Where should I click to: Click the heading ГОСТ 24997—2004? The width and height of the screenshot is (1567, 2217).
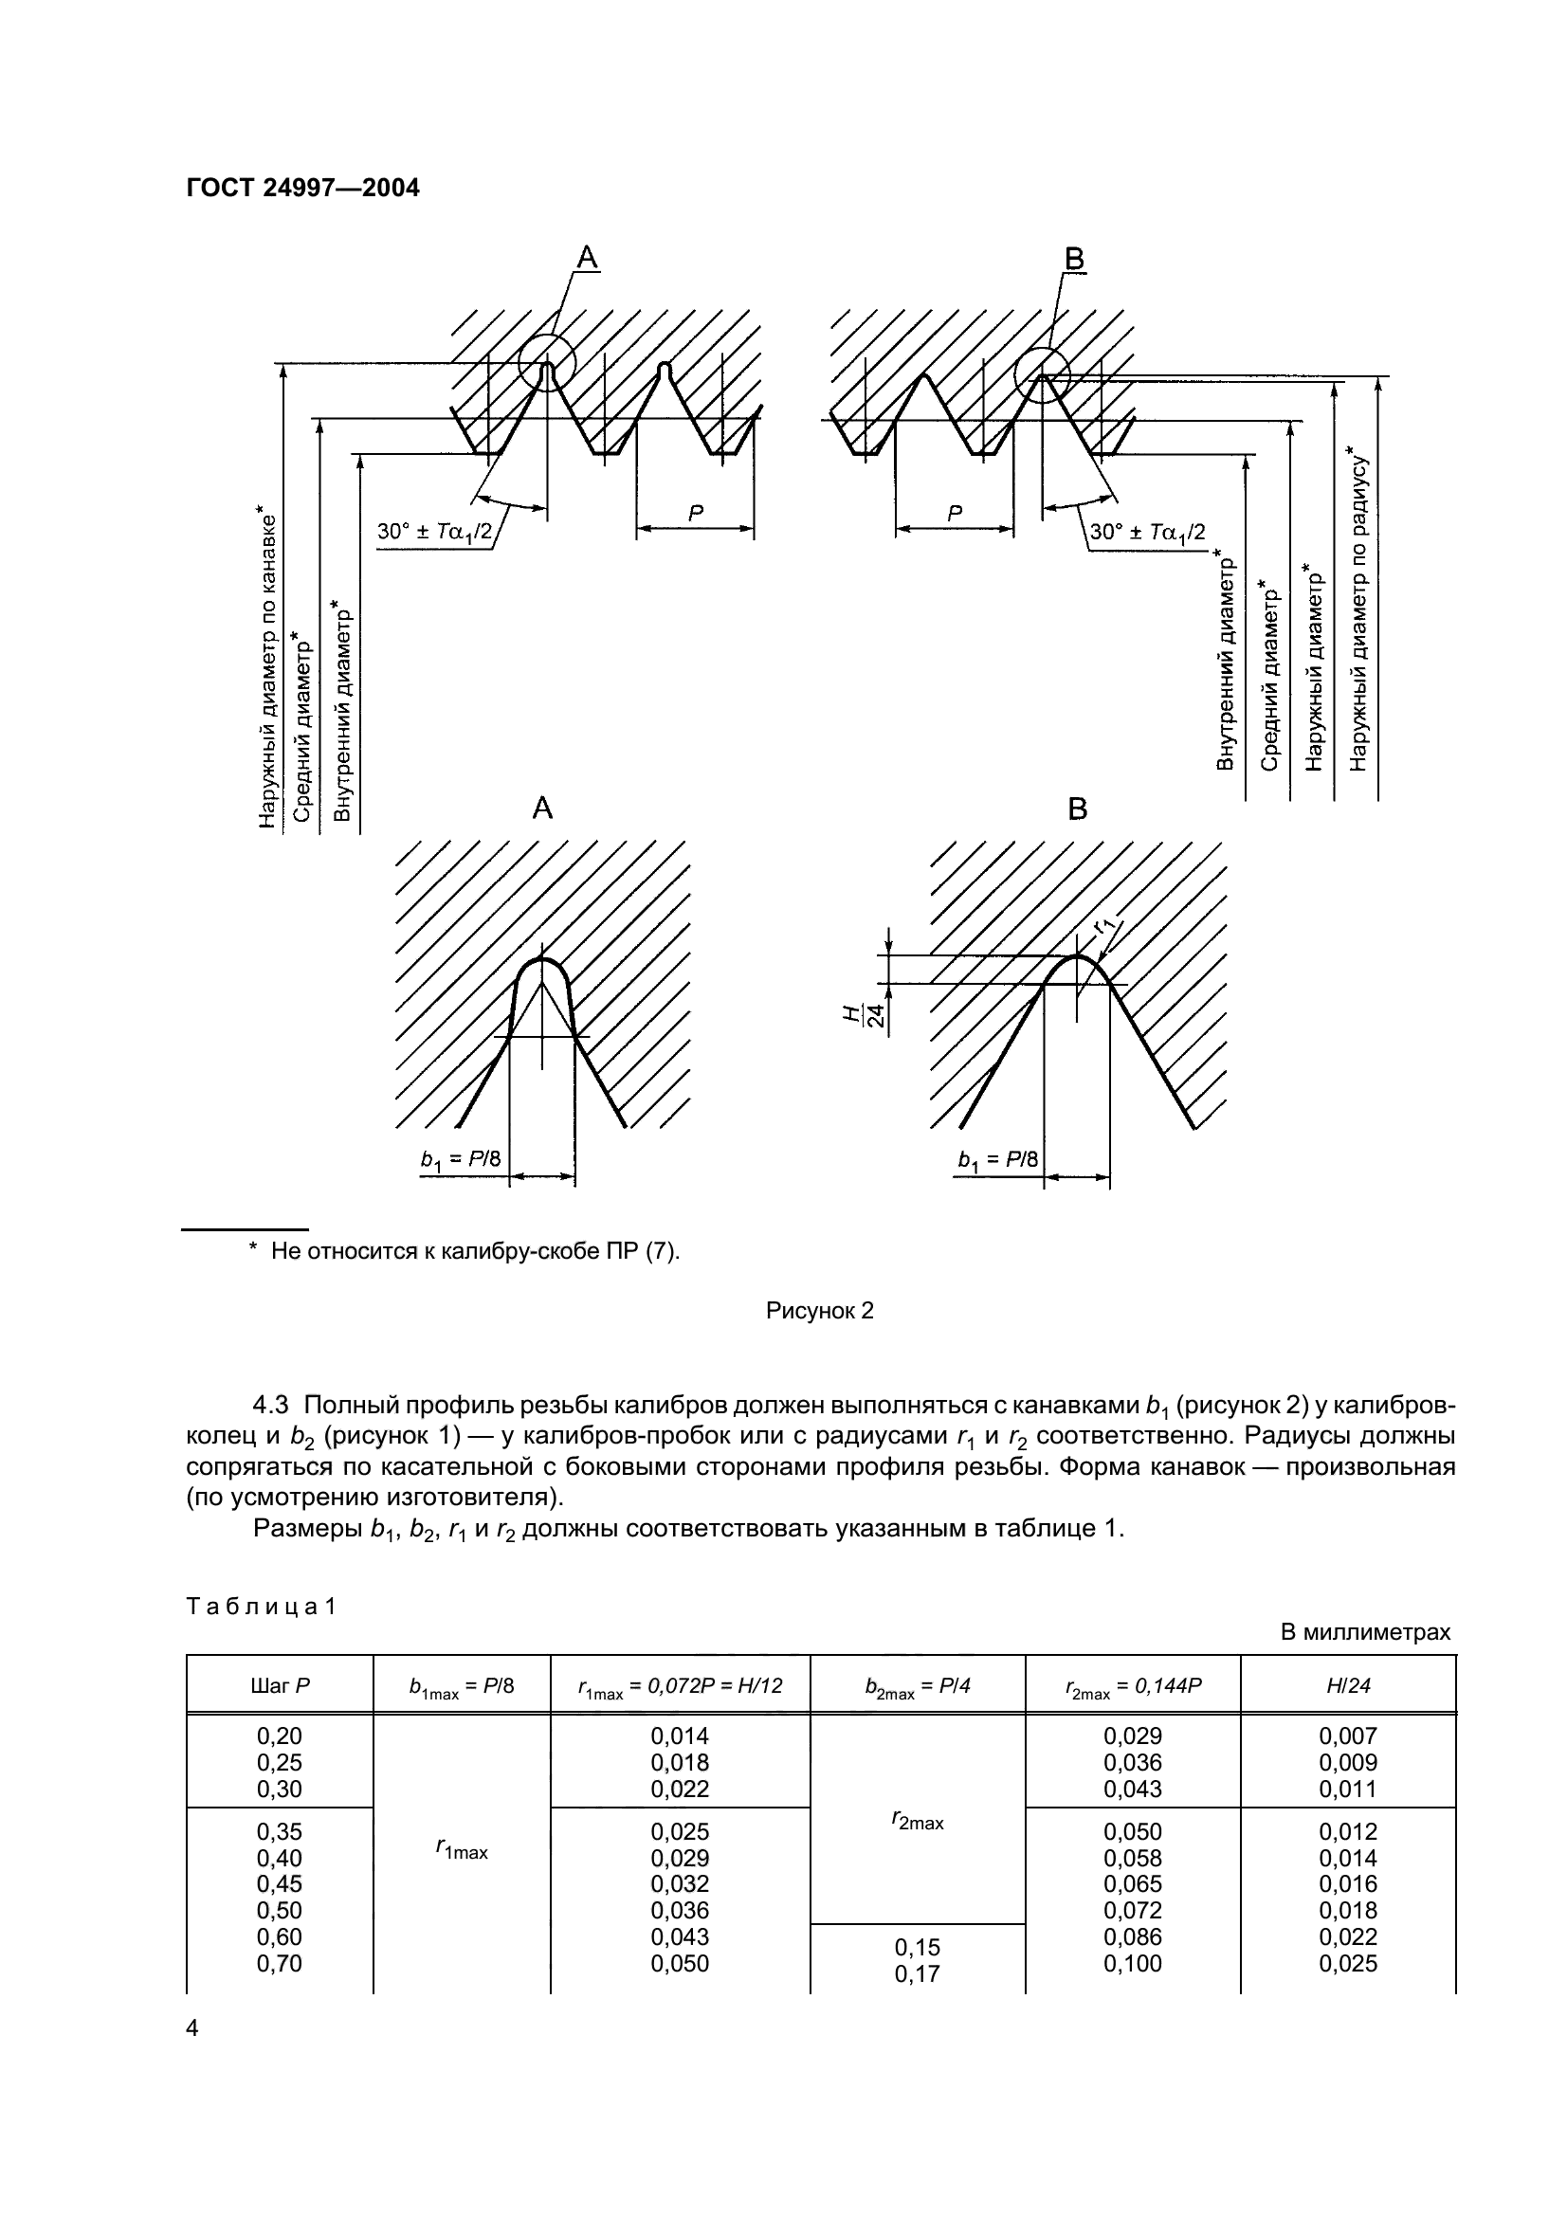pos(302,188)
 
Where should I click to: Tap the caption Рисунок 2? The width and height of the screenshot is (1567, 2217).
pos(819,1310)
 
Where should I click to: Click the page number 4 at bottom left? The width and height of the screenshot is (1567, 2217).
pos(191,2028)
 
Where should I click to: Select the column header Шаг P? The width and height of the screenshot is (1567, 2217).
pos(279,1686)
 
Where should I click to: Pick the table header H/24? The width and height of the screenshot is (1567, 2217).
pos(1348,1686)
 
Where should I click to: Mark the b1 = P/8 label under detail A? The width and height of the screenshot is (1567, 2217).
pos(461,1158)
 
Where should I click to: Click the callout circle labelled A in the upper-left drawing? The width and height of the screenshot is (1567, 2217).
pos(546,363)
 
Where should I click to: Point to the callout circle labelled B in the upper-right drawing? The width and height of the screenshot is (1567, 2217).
pos(1042,373)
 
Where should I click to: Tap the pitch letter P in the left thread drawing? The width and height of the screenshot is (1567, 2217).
pos(695,514)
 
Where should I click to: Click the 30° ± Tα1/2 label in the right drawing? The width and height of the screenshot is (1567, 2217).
pos(1147,532)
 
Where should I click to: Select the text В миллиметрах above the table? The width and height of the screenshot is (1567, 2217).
pos(1365,1632)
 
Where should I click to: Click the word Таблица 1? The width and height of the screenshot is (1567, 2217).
pos(261,1607)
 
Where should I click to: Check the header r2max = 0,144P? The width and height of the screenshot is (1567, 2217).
pos(1133,1686)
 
